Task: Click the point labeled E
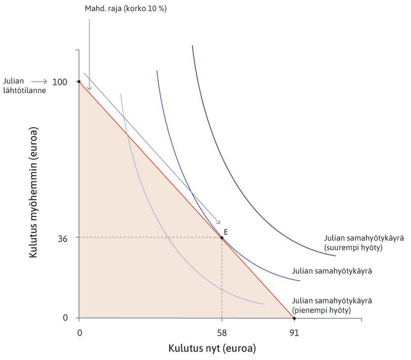222,237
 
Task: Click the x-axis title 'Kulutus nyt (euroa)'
212,349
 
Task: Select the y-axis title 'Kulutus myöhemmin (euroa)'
34,194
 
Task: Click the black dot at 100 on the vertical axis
79,81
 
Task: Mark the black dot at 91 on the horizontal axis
294,318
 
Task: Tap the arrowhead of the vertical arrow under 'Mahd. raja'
89,89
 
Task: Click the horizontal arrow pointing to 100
40,81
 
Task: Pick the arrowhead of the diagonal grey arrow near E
219,222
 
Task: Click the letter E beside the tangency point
226,231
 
